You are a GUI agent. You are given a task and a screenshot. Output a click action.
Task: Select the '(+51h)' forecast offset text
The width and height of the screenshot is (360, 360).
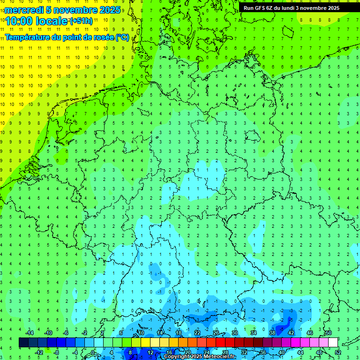pyautogui.click(x=81, y=21)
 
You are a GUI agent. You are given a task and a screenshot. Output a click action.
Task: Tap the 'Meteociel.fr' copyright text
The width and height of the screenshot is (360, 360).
pyautogui.click(x=219, y=357)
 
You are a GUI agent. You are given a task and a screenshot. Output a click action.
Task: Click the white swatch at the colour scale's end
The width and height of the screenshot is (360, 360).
pyautogui.click(x=333, y=343)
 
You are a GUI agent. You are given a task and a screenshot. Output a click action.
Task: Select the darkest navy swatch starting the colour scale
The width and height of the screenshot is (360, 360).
pyautogui.click(x=23, y=343)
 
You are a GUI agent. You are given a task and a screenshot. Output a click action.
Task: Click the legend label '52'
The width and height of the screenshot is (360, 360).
pyautogui.click(x=337, y=352)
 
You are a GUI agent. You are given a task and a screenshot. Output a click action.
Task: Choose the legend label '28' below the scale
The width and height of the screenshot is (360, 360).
pyautogui.click(x=225, y=352)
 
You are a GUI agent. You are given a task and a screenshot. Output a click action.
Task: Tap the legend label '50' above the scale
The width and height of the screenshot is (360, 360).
pyautogui.click(x=328, y=333)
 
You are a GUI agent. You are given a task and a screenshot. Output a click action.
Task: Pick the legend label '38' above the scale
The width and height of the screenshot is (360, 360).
pyautogui.click(x=272, y=333)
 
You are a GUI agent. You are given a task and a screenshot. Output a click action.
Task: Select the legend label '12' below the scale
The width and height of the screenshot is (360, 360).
pyautogui.click(x=150, y=352)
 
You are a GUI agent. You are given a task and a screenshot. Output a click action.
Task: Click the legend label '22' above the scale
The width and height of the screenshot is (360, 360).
pyautogui.click(x=197, y=333)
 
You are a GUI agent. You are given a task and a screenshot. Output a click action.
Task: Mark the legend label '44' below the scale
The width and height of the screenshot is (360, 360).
pyautogui.click(x=300, y=352)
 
